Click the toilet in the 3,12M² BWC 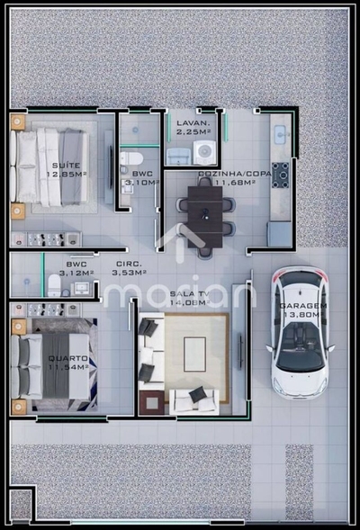pyautogui.click(x=54, y=286)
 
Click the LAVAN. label pyautogui.click(x=193, y=122)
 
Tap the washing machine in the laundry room pyautogui.click(x=204, y=152)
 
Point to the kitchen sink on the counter pyautogui.click(x=280, y=134)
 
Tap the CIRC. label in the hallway pyautogui.click(x=127, y=265)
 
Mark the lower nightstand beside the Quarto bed pyautogui.click(x=18, y=406)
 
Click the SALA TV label pyautogui.click(x=189, y=294)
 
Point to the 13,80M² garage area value pyautogui.click(x=301, y=315)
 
